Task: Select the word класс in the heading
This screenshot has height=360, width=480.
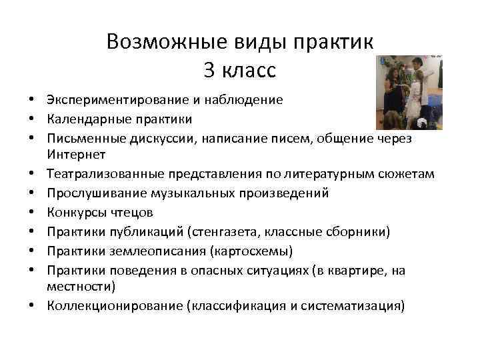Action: click(x=248, y=69)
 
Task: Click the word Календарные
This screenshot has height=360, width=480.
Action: click(x=84, y=119)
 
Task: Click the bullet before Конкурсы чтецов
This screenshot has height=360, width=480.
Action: click(x=32, y=212)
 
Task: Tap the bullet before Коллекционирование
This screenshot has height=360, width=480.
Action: click(x=32, y=306)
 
